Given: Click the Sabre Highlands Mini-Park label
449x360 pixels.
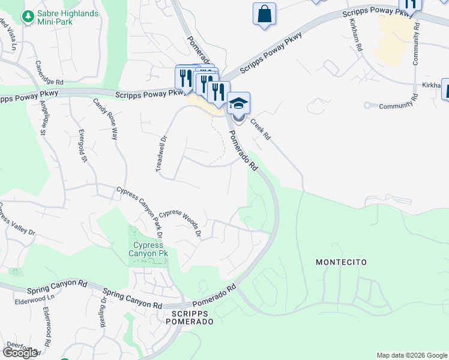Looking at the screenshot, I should click(68, 15).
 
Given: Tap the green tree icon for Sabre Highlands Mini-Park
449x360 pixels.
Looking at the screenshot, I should click(27, 16).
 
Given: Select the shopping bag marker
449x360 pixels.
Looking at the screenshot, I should click(264, 14).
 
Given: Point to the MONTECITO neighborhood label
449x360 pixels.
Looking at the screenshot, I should click(341, 262).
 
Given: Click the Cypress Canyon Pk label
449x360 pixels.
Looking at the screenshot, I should click(149, 249).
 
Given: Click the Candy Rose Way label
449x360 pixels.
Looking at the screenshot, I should click(104, 119).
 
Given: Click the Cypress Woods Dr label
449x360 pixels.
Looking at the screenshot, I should click(179, 223).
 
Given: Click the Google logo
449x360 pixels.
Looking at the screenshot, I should click(20, 353).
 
